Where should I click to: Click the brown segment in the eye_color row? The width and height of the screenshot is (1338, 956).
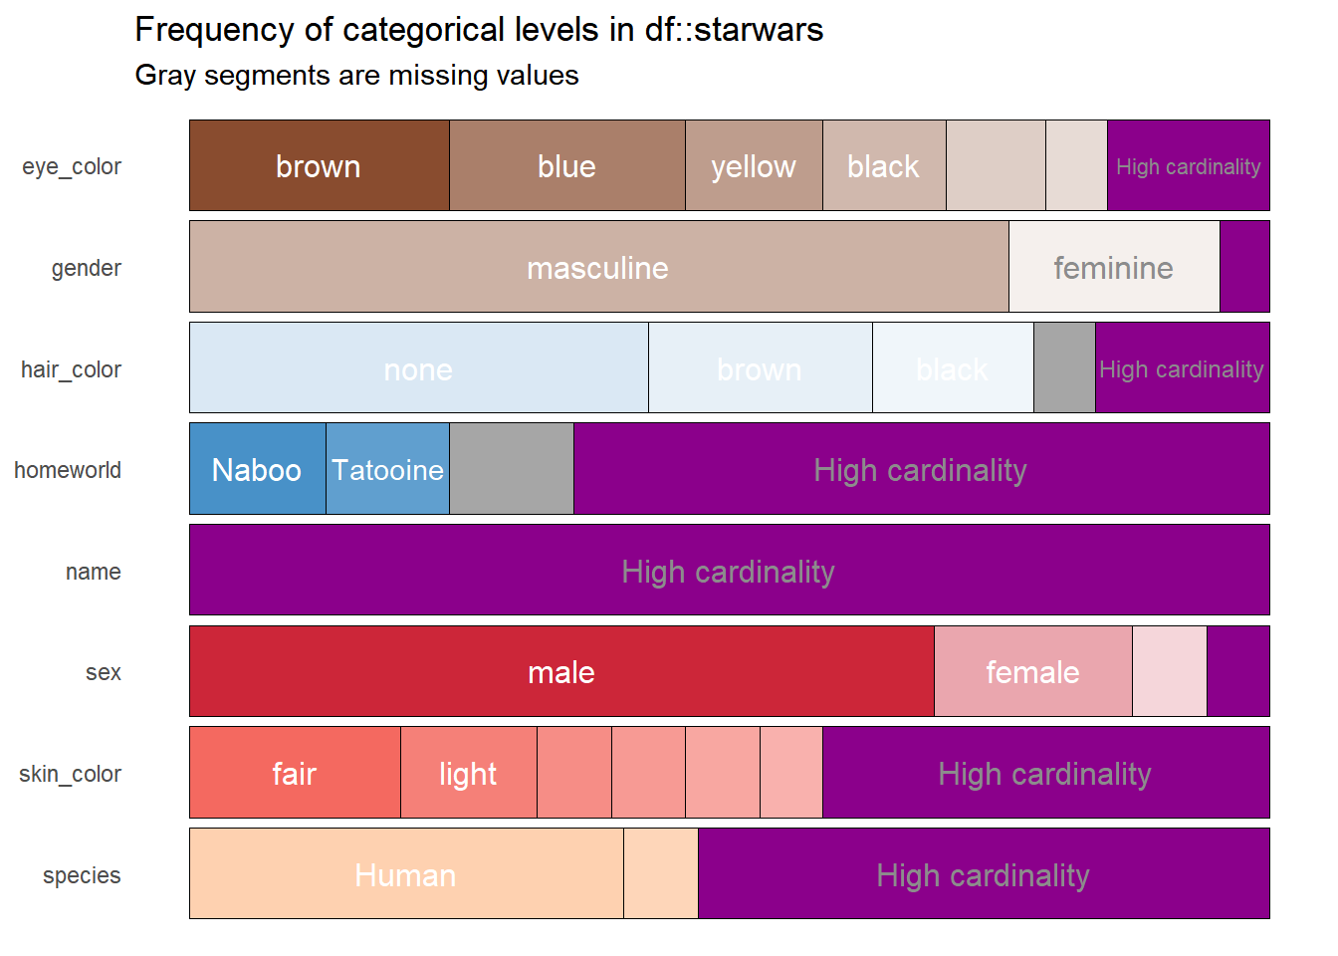319,165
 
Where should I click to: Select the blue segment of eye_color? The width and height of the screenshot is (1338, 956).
566,165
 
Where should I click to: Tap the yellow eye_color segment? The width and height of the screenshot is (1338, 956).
754,165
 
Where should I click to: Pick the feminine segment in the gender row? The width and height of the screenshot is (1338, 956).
1113,267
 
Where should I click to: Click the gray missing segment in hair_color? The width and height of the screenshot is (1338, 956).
1064,367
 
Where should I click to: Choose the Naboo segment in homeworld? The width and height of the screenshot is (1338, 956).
257,469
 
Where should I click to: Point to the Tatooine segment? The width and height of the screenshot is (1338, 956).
387,469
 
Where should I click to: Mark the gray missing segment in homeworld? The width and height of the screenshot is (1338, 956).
511,469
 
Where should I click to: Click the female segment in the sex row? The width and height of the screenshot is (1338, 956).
1032,671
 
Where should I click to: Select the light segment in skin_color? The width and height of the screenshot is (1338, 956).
468,773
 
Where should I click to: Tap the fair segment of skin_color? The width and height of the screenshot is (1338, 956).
295,773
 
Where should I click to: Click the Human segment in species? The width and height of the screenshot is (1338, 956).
405,874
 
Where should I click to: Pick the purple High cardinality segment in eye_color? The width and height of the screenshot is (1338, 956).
1188,165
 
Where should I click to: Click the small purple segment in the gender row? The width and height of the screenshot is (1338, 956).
1244,267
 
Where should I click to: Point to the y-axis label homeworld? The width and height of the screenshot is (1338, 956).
68,470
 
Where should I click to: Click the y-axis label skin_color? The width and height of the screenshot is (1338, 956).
70,774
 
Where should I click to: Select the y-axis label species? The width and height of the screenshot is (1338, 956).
82,875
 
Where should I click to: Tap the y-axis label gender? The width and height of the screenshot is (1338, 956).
87,268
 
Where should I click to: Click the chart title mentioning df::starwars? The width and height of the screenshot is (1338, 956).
479,30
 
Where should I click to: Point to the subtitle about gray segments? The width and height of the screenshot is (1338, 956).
356,76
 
